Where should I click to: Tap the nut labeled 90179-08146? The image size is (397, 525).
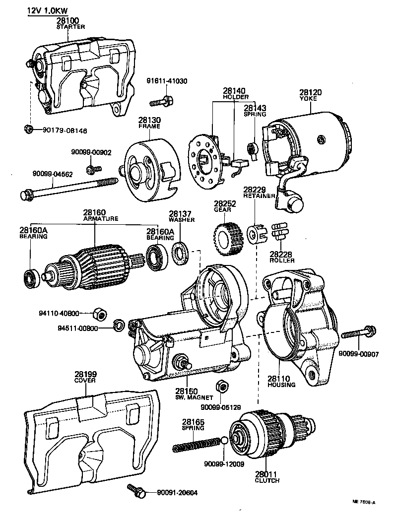tap(29, 130)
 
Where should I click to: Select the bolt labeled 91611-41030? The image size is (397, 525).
tap(161, 102)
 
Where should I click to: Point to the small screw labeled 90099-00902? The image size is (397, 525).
tap(90, 170)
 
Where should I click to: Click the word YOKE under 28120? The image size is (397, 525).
tap(311, 99)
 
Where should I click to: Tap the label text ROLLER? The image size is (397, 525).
tap(282, 260)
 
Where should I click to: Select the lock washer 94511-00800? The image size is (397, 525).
tap(119, 326)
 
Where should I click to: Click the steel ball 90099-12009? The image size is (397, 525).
tap(224, 440)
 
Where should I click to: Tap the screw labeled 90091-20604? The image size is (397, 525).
tap(136, 491)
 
